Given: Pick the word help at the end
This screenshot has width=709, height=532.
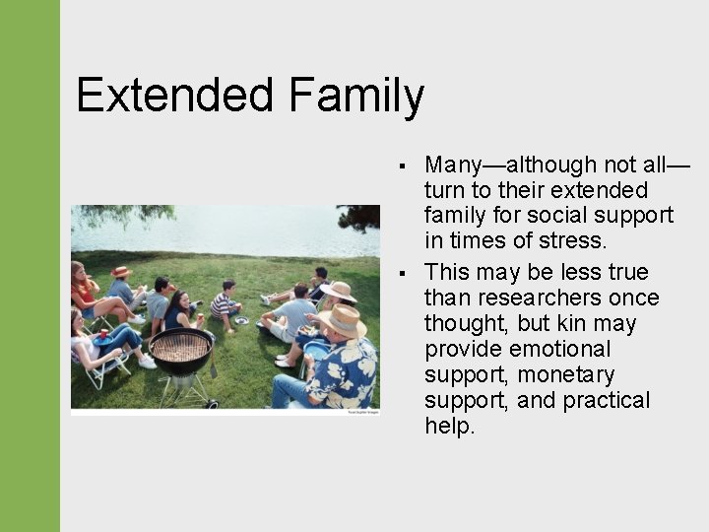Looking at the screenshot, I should tap(449, 426).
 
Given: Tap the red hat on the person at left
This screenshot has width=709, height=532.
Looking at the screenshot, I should tap(120, 271).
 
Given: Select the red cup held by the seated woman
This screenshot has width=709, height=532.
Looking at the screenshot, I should tap(104, 333).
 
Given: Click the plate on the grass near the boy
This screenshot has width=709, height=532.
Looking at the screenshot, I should tap(241, 320).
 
